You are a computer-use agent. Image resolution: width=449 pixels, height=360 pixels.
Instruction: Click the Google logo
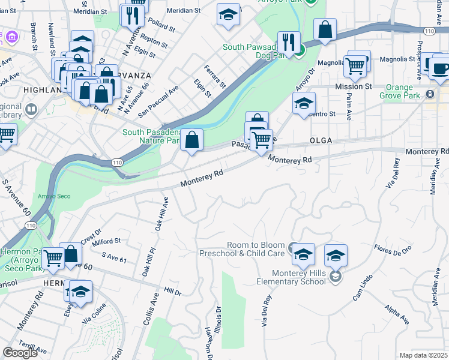pos(20,353)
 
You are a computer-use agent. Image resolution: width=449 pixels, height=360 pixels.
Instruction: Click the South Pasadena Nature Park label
pos(151,137)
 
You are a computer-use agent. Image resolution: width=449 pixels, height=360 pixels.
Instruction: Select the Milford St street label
pos(107,241)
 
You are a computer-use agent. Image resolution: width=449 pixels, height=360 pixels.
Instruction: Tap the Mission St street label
pos(354,86)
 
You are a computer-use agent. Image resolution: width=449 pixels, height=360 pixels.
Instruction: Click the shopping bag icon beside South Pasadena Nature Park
pos(191,140)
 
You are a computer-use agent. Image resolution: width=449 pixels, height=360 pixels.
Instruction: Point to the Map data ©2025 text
pos(423,355)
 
